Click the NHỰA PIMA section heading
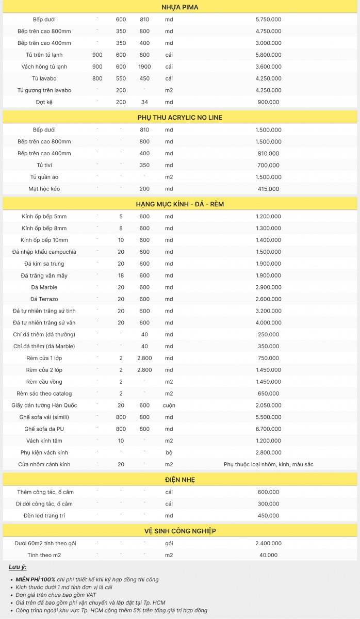click(179, 7)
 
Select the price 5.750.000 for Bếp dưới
click(268, 20)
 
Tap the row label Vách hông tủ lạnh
click(44, 67)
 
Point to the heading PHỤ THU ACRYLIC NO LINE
click(179, 118)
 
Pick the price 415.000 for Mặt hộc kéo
click(268, 189)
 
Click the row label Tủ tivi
click(44, 165)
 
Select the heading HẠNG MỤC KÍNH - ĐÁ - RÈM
click(179, 204)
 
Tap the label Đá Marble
click(44, 287)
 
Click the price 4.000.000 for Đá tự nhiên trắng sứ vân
click(268, 323)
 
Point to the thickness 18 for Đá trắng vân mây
click(121, 275)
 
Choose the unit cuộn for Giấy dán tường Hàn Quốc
click(169, 405)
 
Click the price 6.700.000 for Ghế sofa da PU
click(268, 429)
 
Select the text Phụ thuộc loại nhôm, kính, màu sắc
click(268, 464)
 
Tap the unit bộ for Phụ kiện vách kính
click(169, 452)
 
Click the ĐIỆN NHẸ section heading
click(179, 480)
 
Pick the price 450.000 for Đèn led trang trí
click(268, 516)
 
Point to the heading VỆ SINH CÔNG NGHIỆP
click(179, 531)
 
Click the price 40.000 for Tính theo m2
click(268, 555)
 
